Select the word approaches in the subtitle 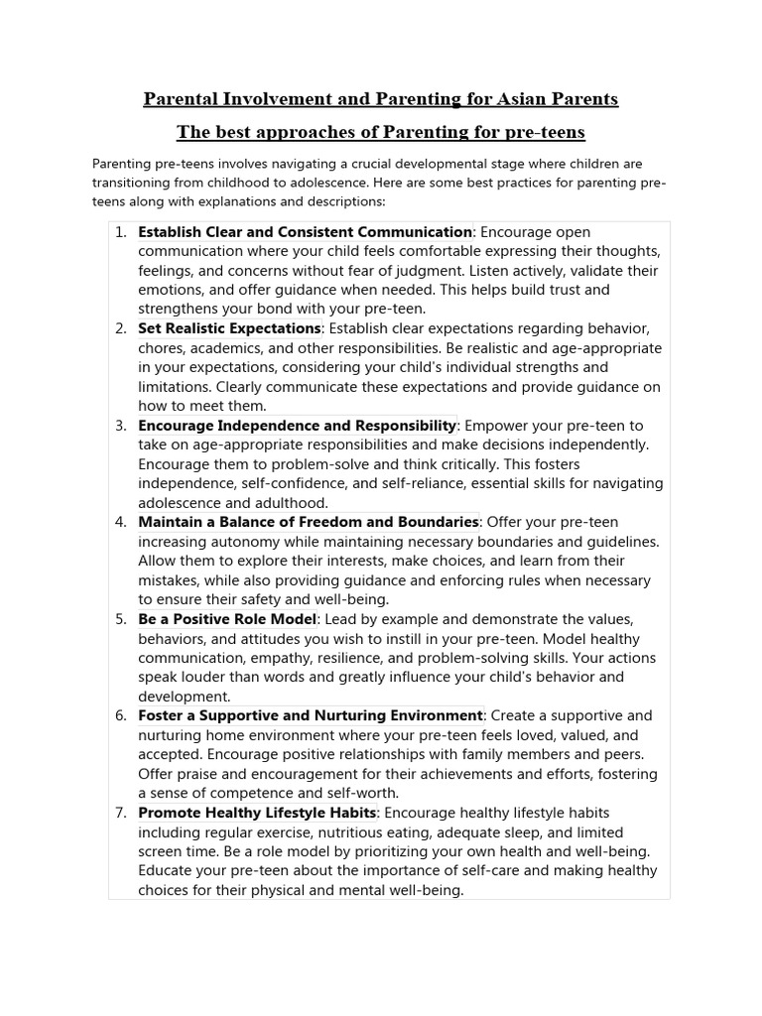(285, 132)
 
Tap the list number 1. (120, 232)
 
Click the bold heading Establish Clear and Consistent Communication (306, 232)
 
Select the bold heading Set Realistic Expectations (229, 328)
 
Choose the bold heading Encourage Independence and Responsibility (298, 426)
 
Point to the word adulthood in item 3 (294, 503)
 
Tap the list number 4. (120, 522)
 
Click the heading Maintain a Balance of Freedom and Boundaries (309, 522)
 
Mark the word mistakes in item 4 (170, 580)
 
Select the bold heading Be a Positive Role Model (227, 619)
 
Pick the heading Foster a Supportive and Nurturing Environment (311, 715)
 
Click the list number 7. (120, 813)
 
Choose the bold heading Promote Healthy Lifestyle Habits (258, 813)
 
